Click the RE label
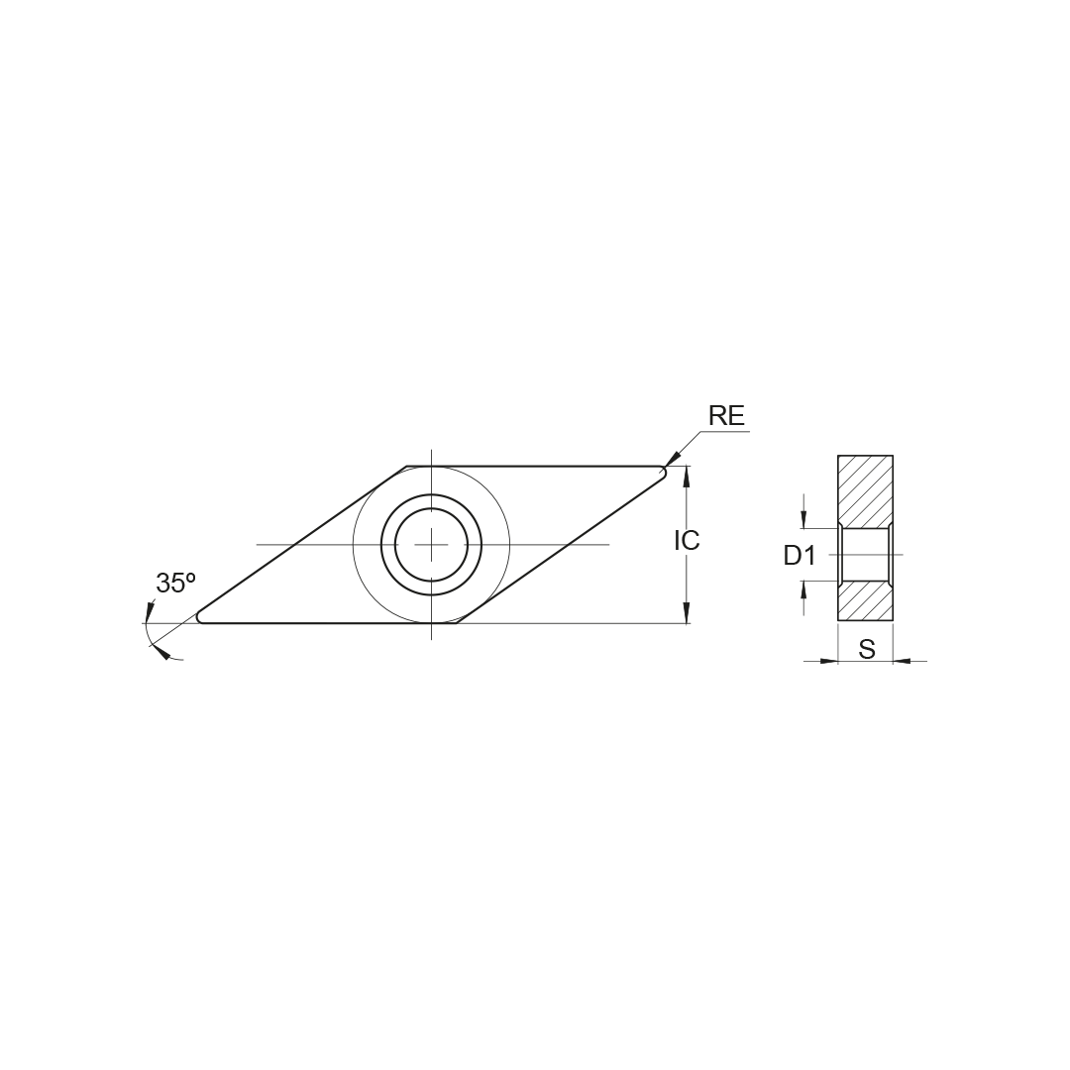727,415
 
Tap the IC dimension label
687,541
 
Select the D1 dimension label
800,556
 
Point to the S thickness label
867,649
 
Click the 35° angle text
175,584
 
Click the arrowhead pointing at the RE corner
672,459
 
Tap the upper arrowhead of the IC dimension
687,476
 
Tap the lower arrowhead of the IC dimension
687,613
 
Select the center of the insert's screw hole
431,544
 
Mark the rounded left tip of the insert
199,617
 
